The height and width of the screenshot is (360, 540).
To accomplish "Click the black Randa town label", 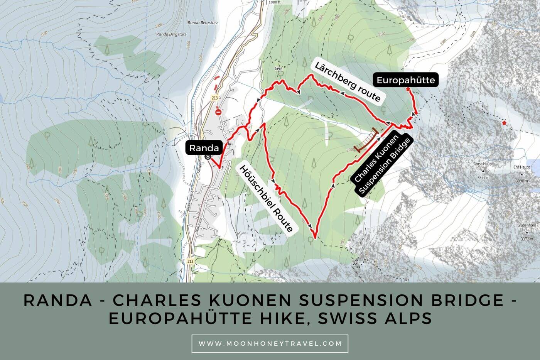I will point(204,148).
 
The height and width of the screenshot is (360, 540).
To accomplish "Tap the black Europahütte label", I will point(405,80).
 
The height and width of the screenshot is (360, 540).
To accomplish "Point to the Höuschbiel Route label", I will point(266,199).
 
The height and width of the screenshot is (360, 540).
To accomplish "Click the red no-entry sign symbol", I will point(218,112).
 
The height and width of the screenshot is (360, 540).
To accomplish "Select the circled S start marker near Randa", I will point(209,157).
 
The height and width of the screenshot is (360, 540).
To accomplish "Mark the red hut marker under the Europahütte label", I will point(408,89).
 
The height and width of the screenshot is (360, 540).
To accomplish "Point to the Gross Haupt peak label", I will point(483,164).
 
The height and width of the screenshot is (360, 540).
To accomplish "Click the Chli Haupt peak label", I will point(521,167).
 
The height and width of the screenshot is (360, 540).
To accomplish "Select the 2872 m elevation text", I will point(483,177).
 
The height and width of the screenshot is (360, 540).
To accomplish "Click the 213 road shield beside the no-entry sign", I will point(215,98).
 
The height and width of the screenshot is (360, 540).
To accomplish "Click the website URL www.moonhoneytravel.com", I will point(270,343).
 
